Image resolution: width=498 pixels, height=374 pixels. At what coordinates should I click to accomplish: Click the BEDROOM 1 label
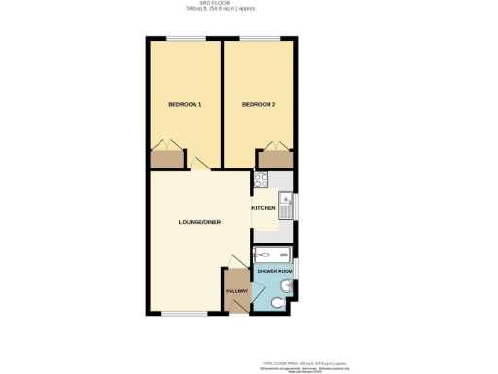coord(185,104)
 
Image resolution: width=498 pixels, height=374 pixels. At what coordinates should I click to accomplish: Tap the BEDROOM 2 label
coord(258,104)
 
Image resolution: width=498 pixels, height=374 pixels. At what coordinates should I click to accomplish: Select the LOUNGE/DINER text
coord(199,222)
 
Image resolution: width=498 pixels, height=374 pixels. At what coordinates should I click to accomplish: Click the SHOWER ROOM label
coord(272,270)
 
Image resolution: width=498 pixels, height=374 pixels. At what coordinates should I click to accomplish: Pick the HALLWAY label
coord(236,291)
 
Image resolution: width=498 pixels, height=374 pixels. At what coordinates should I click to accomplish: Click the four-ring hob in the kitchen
coord(261,180)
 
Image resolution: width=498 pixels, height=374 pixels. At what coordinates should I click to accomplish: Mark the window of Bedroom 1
coord(184,39)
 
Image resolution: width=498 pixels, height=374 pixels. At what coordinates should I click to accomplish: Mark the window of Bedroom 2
coord(260,39)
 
